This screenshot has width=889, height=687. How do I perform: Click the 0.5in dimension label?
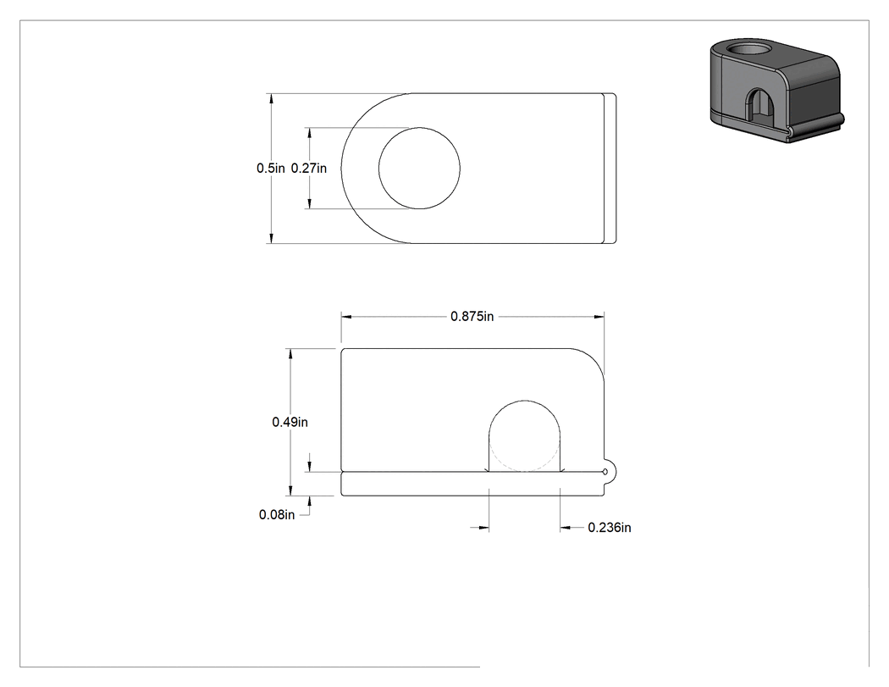270,169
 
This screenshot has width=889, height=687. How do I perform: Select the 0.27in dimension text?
309,169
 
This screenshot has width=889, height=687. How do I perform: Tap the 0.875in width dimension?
472,317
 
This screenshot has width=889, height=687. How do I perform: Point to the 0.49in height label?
290,422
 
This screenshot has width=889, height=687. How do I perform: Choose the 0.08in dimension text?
277,514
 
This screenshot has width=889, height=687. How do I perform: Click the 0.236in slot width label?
610,528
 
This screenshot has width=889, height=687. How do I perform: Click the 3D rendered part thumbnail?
777,91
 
